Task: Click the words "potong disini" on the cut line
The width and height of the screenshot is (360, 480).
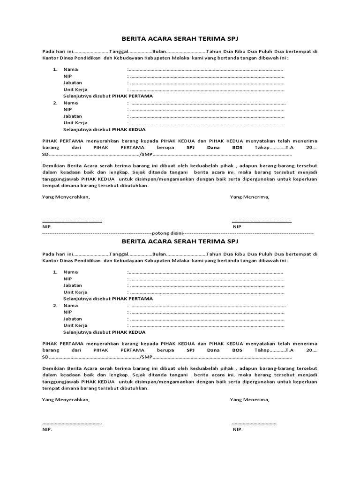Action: (168, 233)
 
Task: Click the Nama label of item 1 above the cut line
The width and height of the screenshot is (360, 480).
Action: (71, 69)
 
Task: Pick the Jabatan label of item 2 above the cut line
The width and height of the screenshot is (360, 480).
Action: (73, 116)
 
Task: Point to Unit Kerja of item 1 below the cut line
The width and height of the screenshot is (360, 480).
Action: (75, 292)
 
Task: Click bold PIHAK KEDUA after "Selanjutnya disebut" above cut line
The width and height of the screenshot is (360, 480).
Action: (128, 129)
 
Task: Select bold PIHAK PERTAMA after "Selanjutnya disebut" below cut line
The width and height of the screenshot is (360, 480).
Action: (132, 299)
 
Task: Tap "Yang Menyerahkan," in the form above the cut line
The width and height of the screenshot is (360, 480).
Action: (66, 197)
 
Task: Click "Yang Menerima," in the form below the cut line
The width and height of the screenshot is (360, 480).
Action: (249, 400)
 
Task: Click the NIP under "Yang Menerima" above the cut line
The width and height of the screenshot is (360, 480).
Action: (238, 227)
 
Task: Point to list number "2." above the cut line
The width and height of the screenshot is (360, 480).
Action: (55, 103)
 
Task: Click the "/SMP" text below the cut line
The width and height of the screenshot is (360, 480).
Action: (146, 357)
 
